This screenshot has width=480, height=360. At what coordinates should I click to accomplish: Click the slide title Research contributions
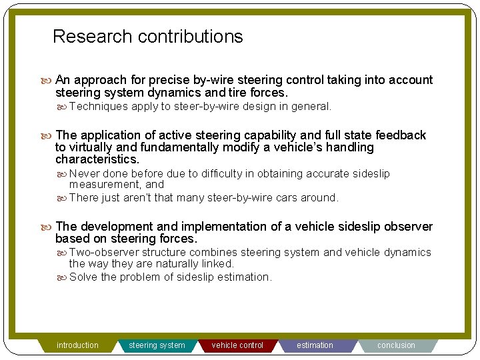pos(147,37)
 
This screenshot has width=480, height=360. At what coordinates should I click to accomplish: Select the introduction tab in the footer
pos(77,345)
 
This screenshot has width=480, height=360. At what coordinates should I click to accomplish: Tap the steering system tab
pos(157,345)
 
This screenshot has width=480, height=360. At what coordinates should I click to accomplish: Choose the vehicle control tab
pos(237,345)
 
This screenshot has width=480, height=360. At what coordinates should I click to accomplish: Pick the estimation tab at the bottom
pos(315,345)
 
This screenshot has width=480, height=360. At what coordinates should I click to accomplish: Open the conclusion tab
pos(396,345)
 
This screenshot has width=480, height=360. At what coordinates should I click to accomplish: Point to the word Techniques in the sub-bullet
pos(98,107)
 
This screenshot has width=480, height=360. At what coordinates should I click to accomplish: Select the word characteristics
pos(97,160)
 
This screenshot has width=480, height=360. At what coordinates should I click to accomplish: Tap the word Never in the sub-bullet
pos(84,174)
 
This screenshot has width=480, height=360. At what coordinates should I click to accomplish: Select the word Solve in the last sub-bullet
pos(83,277)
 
